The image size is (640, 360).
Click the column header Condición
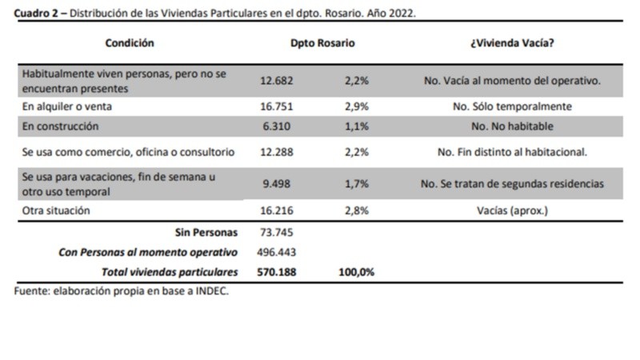(x=129, y=43)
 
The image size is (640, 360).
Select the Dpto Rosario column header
(x=322, y=43)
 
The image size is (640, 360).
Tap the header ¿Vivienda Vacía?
(x=512, y=43)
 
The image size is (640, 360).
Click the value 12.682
(x=278, y=80)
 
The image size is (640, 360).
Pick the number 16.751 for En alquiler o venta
(x=278, y=106)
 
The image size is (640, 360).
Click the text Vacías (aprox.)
(x=512, y=210)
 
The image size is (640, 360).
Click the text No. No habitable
(x=512, y=126)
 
